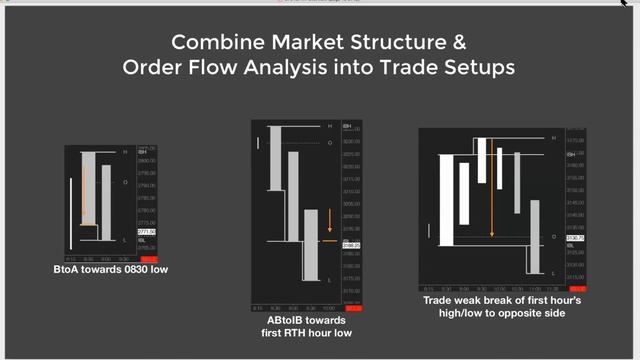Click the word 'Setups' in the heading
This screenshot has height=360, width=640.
pyautogui.click(x=478, y=68)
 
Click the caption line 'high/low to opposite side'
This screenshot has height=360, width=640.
pyautogui.click(x=494, y=313)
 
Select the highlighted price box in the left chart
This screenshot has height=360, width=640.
pyautogui.click(x=146, y=231)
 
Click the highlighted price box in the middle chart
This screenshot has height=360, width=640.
pyautogui.click(x=351, y=244)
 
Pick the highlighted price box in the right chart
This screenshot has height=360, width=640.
pyautogui.click(x=575, y=237)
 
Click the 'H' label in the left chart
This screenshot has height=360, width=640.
pyautogui.click(x=125, y=152)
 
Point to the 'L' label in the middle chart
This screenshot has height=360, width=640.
pyautogui.click(x=329, y=281)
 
